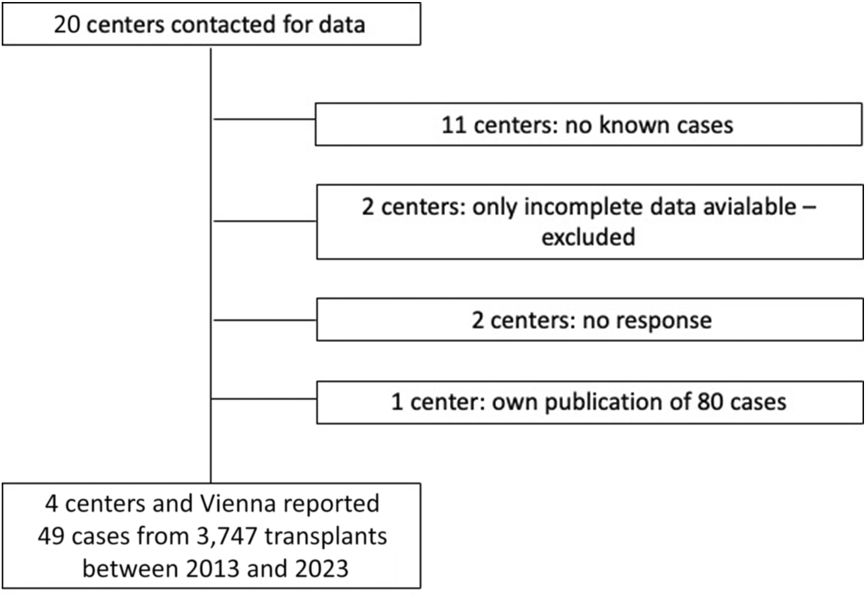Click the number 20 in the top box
66,25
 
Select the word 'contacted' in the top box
224,25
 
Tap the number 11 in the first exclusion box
454,125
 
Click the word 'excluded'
589,237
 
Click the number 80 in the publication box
710,401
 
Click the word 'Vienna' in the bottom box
238,504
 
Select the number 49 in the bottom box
51,537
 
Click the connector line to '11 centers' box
264,119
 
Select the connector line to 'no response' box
265,320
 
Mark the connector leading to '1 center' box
264,399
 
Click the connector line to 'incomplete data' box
265,221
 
